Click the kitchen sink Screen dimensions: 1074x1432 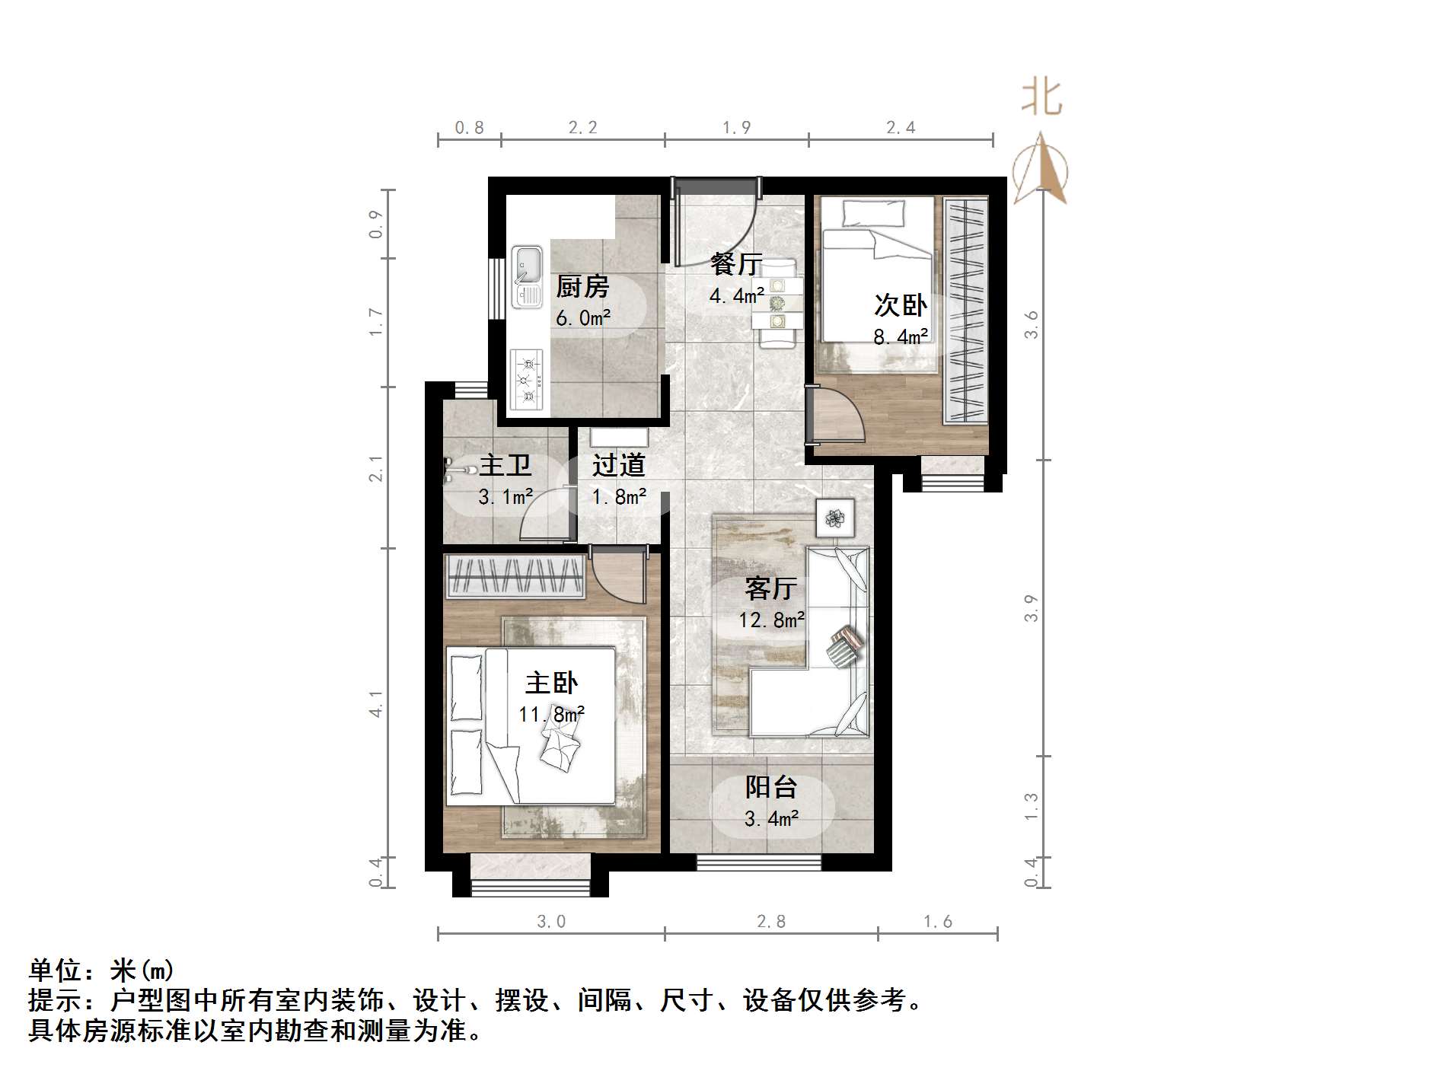pos(526,276)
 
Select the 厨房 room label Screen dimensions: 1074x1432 pos(582,287)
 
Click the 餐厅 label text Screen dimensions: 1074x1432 pos(736,264)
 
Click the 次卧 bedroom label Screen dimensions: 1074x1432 pos(900,305)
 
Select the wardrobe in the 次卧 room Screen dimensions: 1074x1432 pos(965,311)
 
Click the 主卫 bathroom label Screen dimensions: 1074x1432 pos(505,465)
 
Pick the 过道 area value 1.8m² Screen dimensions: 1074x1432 pos(619,497)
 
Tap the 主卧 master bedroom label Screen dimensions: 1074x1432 pos(551,683)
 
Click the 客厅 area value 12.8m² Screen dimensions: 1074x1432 pos(771,620)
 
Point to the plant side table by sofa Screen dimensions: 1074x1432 pos(835,518)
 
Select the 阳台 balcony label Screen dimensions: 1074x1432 pos(770,787)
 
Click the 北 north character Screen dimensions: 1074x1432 pos(1041,99)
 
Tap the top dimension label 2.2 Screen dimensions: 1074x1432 pos(582,128)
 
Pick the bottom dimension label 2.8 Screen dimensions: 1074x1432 pos(770,922)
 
